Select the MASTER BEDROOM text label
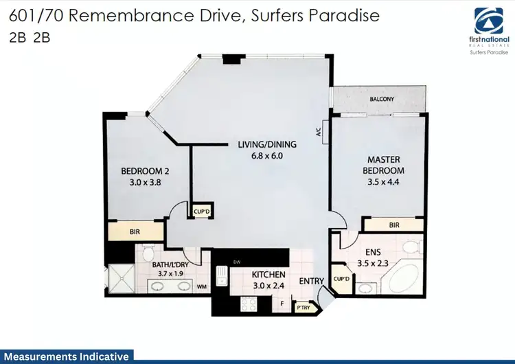(x=384, y=165)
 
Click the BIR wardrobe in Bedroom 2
(x=135, y=231)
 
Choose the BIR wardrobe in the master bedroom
(x=394, y=225)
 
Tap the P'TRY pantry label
(x=302, y=308)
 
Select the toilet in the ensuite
(x=411, y=247)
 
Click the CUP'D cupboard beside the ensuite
(x=341, y=280)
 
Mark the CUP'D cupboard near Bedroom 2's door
(x=201, y=212)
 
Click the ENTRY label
(x=311, y=281)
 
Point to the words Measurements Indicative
(x=65, y=356)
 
